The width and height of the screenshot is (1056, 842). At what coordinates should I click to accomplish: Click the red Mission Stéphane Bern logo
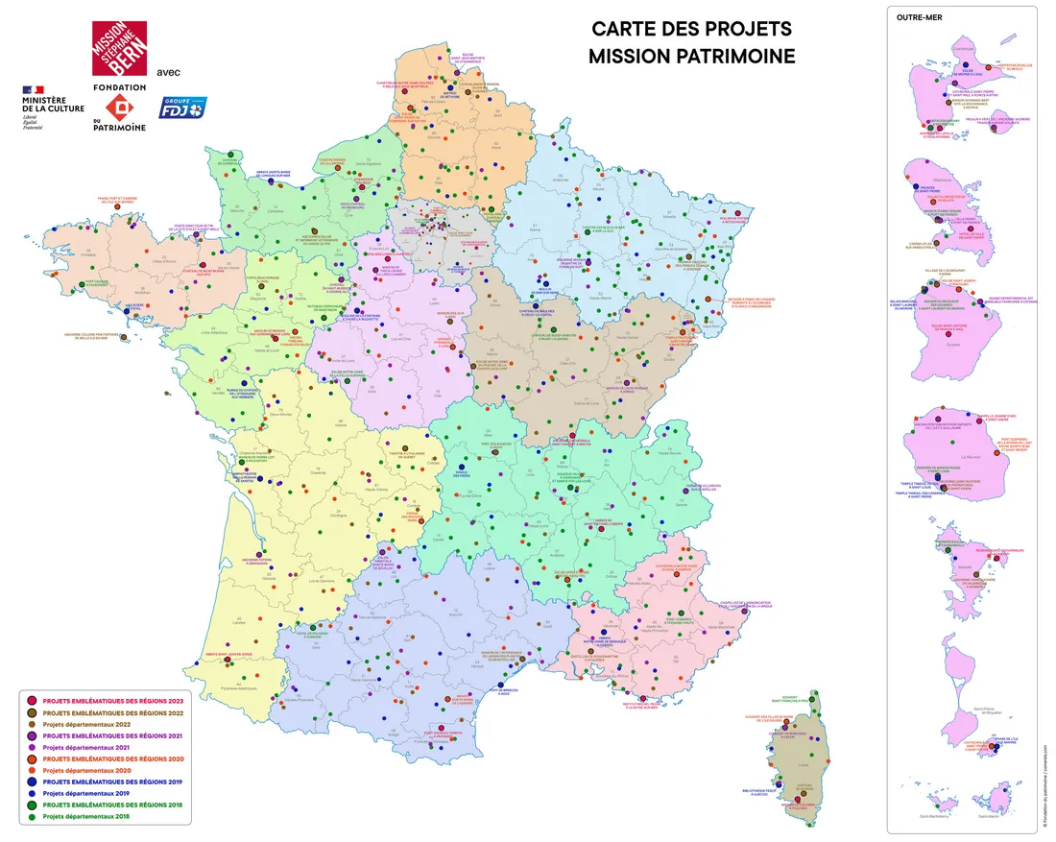120,50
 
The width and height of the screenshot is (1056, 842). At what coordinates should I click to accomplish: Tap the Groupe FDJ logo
181,108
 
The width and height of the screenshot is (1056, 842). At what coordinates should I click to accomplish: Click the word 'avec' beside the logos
168,72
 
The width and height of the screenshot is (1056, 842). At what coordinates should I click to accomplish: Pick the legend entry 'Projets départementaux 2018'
87,817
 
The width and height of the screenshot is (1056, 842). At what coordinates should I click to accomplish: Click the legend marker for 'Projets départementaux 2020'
32,771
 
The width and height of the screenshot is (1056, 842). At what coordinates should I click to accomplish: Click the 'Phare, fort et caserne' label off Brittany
120,202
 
